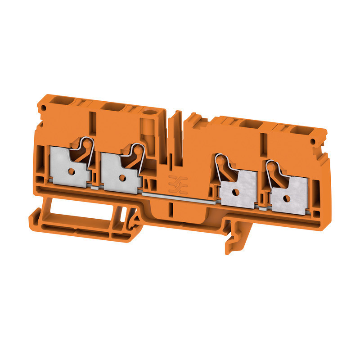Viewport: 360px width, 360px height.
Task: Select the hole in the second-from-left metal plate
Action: click(x=121, y=172)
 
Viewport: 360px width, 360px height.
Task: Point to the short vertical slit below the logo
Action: click(x=171, y=209)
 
